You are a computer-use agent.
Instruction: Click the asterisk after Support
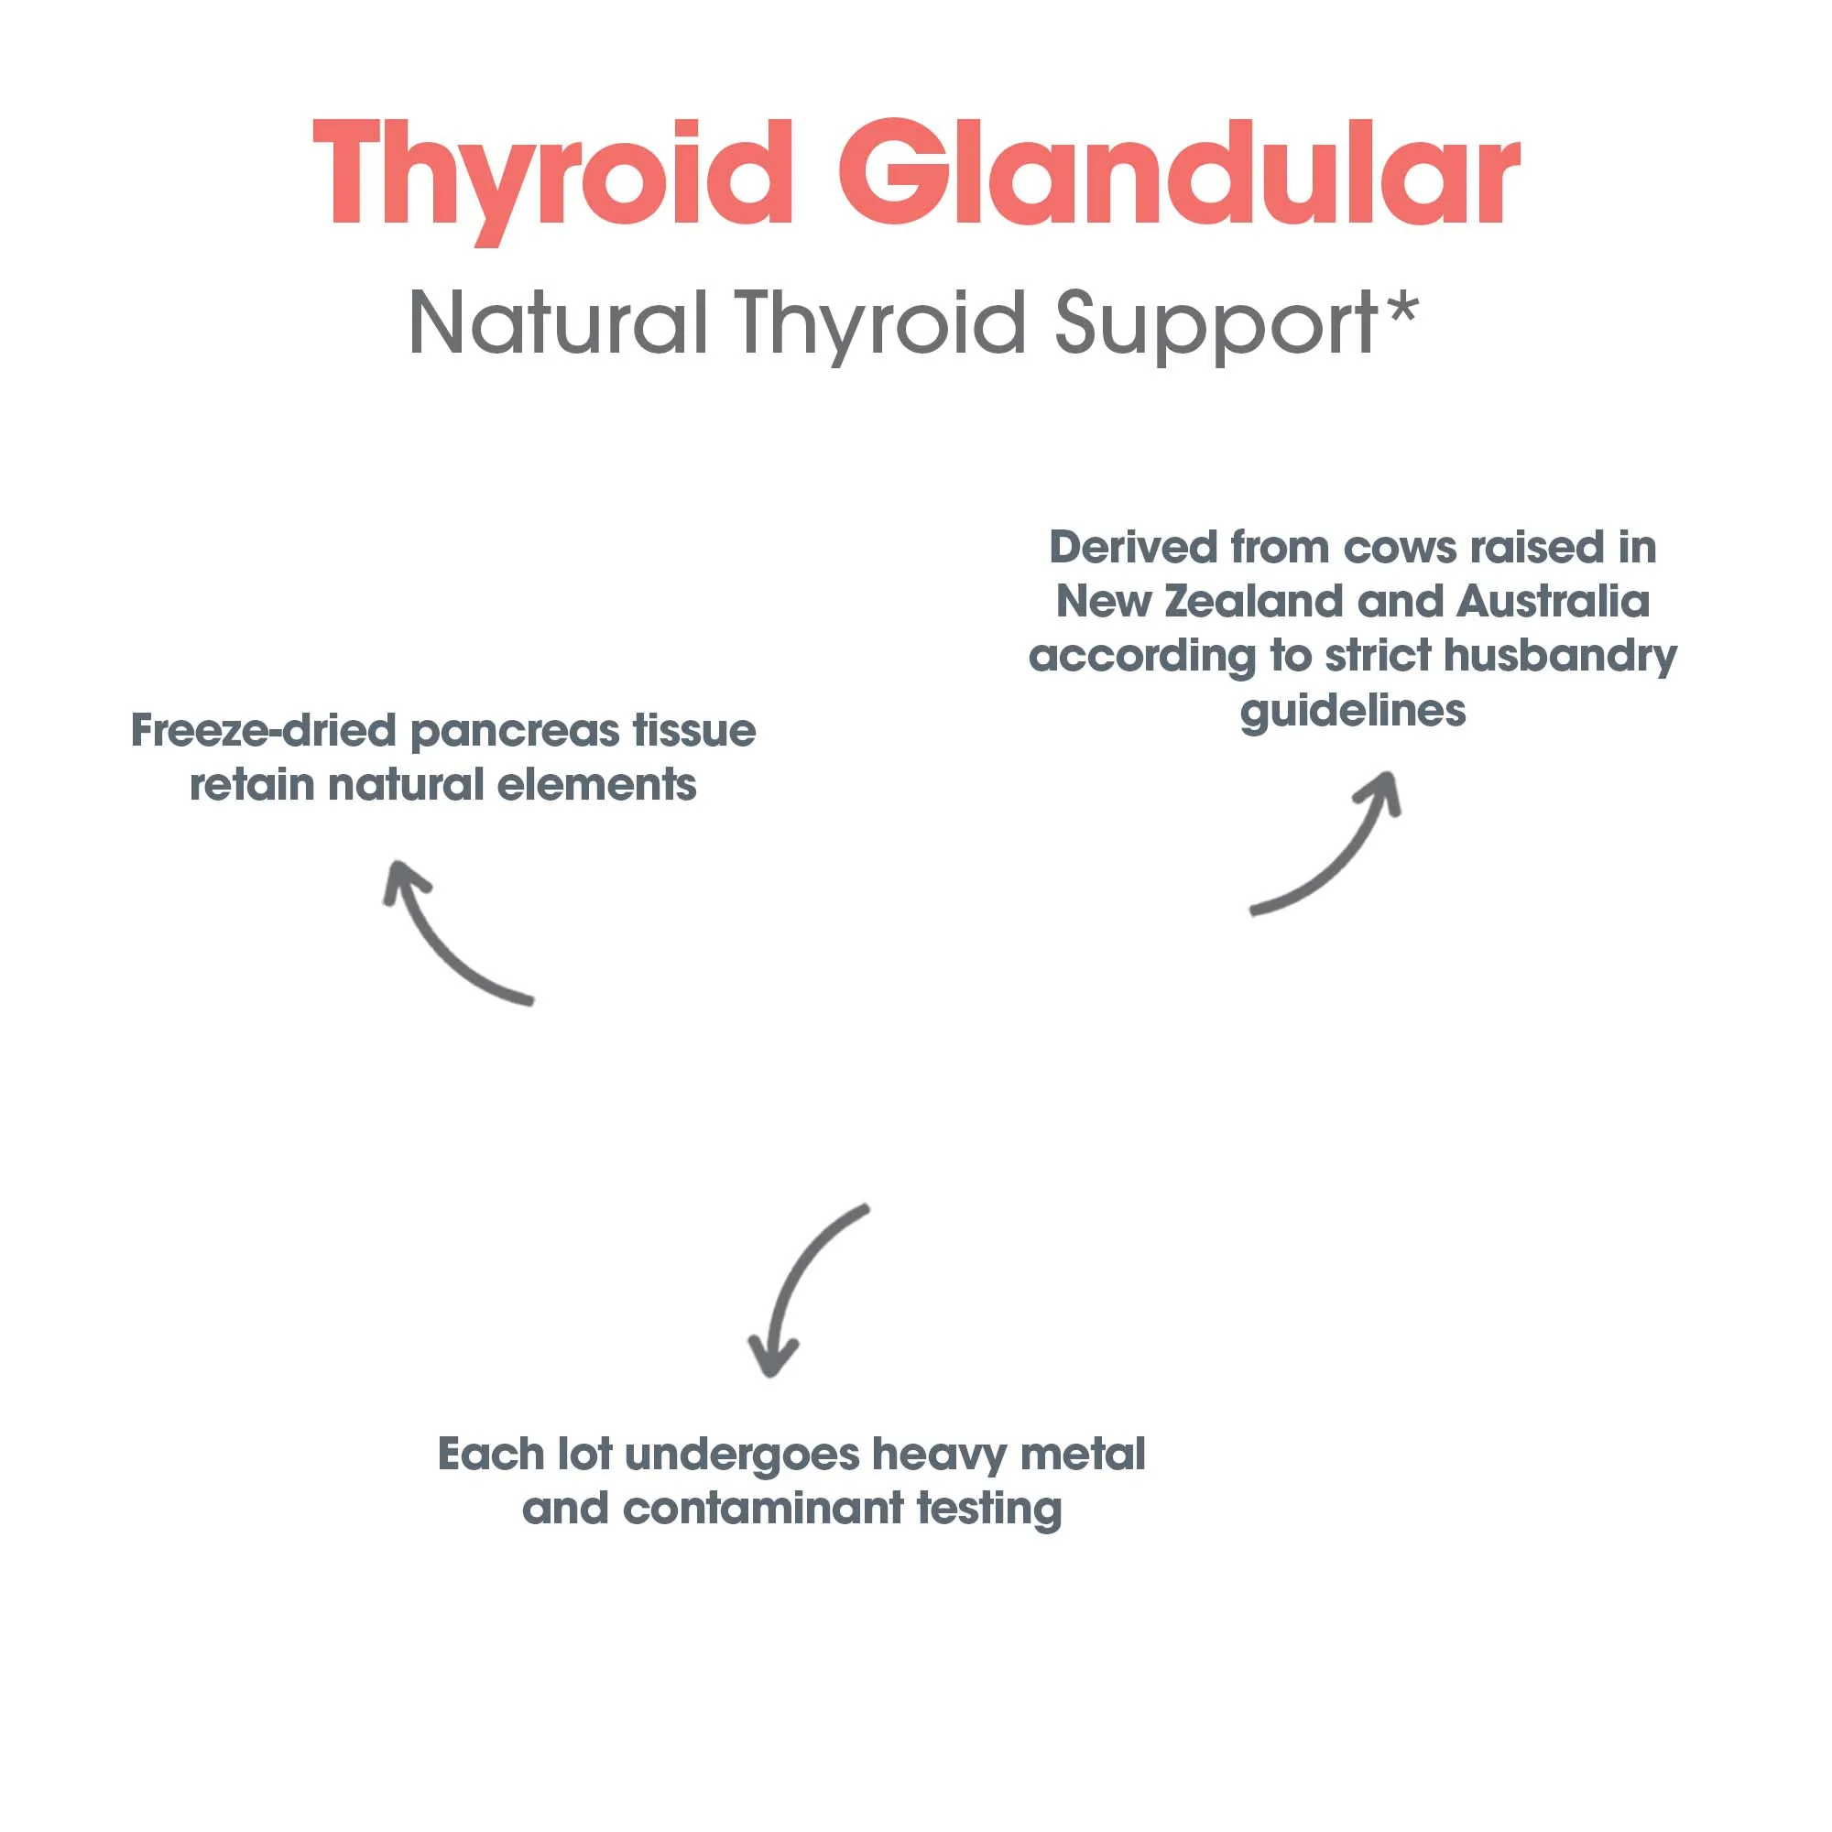(x=1401, y=308)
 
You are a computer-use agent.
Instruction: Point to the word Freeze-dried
(x=263, y=731)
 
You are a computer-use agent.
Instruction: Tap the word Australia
(x=1553, y=602)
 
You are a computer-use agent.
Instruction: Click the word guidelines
(x=1352, y=711)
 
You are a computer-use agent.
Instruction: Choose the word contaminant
(x=763, y=1509)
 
